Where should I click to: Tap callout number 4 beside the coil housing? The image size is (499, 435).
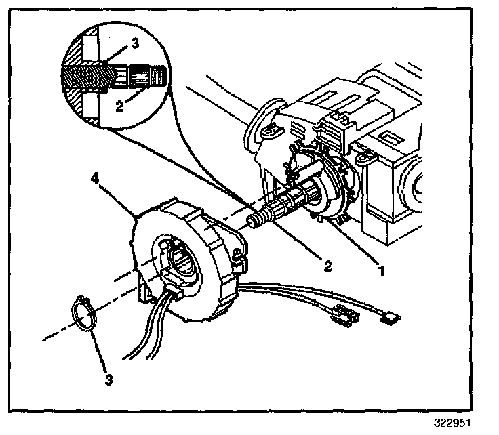click(95, 179)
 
